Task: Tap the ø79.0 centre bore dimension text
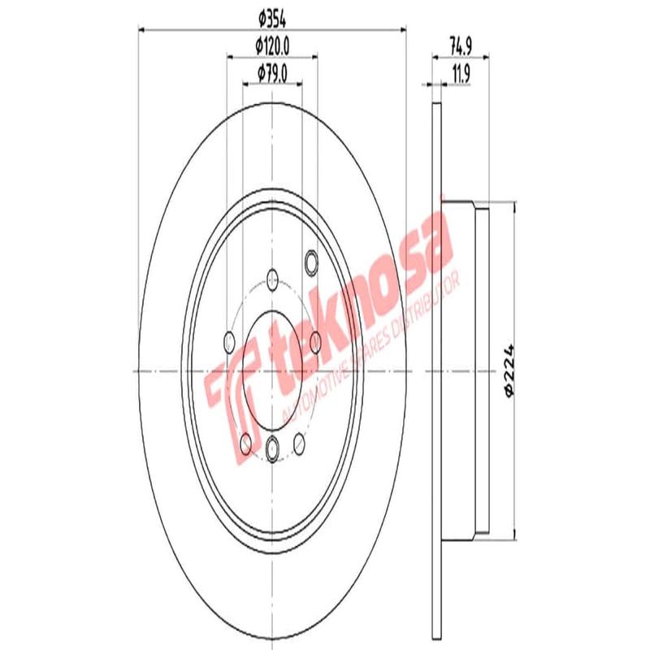(273, 74)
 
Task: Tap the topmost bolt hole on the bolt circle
(272, 279)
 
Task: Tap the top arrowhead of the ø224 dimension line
(513, 208)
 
